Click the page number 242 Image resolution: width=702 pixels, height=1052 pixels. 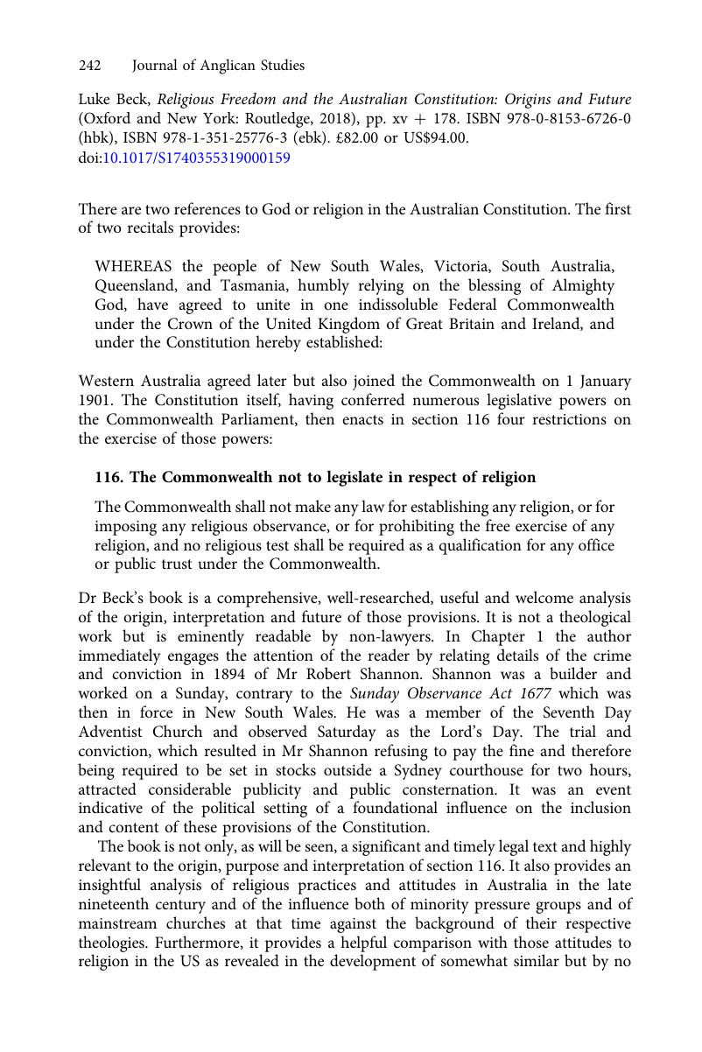point(90,66)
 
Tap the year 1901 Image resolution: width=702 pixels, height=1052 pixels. point(96,401)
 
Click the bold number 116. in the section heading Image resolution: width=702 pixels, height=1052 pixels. point(109,477)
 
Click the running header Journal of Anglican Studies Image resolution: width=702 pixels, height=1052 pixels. point(218,66)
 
